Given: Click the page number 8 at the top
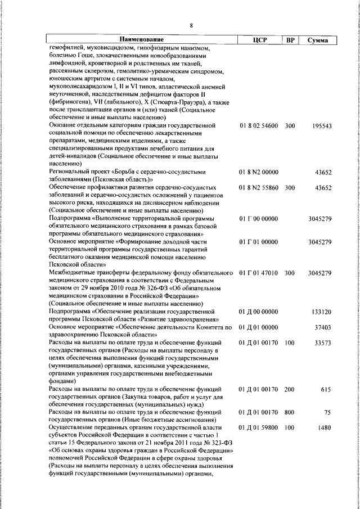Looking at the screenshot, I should tap(191, 25).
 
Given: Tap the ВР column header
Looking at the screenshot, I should tap(290, 40).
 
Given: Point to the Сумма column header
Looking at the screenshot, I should tap(318, 40).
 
